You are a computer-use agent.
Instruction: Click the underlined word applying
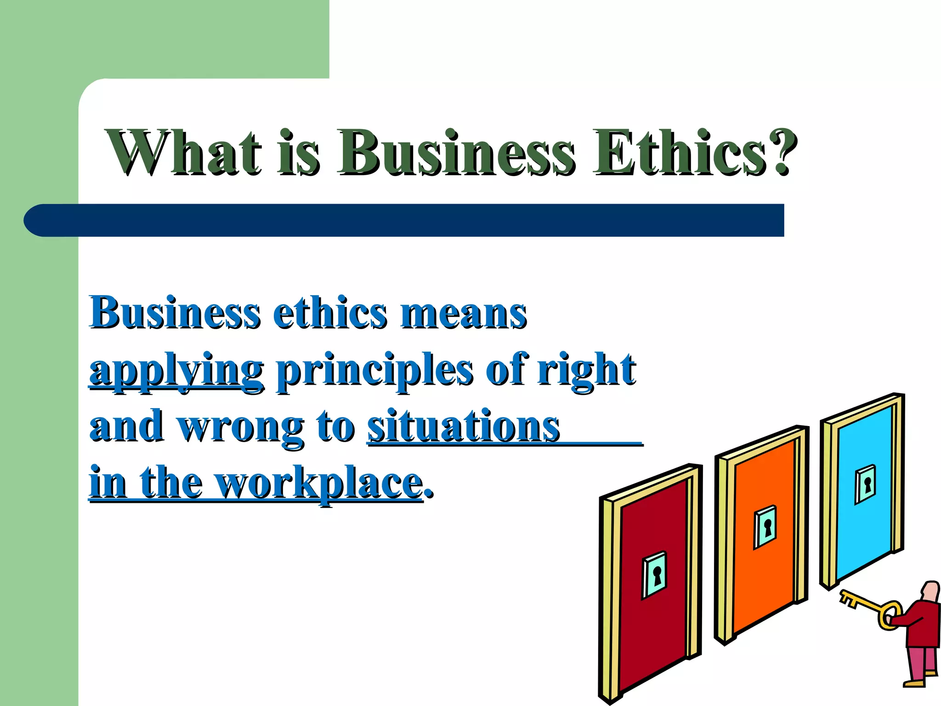176,371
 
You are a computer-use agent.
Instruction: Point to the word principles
374,371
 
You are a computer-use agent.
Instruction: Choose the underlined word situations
463,427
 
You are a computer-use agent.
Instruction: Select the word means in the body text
464,314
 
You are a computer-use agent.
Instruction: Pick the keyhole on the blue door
867,484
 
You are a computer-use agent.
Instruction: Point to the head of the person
931,591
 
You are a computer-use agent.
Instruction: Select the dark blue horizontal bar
404,221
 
